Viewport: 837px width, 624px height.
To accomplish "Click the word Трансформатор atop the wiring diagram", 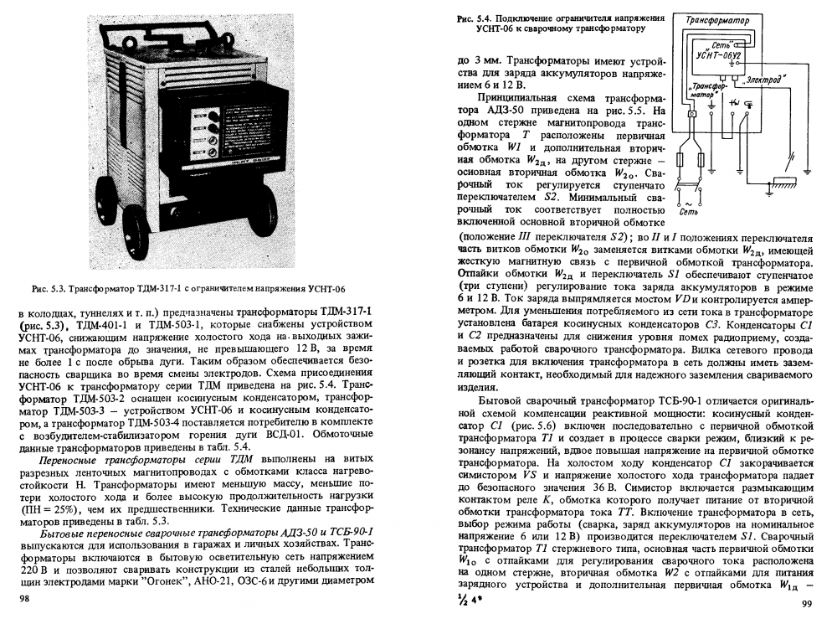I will (x=717, y=19).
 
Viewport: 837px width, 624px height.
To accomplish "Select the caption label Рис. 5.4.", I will (x=477, y=18).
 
